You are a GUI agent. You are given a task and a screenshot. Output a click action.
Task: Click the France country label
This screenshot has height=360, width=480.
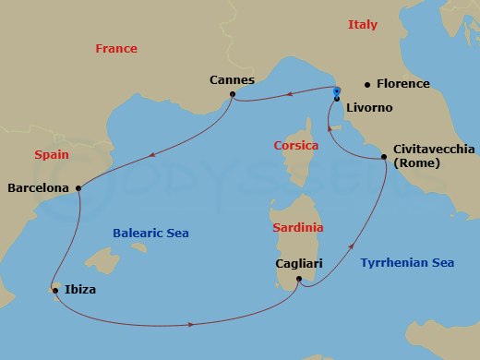115,49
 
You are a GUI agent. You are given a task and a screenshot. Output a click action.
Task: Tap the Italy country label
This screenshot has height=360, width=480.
362,25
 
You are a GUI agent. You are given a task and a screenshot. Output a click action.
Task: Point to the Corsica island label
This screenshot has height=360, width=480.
296,146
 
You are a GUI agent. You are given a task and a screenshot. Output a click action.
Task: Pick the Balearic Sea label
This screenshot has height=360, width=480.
151,234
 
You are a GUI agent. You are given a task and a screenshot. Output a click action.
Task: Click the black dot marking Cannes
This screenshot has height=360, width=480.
233,94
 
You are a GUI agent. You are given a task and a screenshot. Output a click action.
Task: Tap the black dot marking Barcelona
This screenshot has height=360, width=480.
79,188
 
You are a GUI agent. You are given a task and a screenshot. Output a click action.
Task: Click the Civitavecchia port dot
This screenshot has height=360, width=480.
384,159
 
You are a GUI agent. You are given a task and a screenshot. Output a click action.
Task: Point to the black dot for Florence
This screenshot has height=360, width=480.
366,84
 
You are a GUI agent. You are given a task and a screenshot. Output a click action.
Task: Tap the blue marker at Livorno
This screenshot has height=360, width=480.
337,93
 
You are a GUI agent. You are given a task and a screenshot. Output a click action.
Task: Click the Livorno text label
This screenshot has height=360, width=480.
368,108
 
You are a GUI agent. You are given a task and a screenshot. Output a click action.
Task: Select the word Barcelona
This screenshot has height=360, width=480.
38,188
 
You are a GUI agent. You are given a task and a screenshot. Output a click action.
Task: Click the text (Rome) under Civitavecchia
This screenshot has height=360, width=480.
417,163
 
